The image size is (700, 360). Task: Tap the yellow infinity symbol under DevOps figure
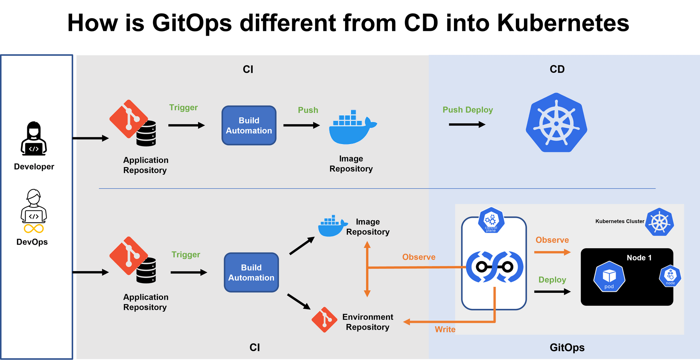tap(34, 229)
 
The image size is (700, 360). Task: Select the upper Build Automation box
tap(249, 125)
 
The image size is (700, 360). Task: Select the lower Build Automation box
tap(251, 272)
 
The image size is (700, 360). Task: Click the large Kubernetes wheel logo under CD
tap(556, 123)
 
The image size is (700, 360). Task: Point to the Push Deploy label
tap(468, 110)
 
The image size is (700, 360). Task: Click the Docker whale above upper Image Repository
tap(352, 127)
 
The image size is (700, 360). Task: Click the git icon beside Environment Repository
tap(324, 319)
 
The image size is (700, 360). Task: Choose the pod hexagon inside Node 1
tap(609, 277)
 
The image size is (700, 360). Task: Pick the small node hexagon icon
tap(670, 276)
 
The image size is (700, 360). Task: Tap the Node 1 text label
tap(639, 258)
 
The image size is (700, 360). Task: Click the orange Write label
tap(445, 329)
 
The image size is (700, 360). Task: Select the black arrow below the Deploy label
tap(552, 291)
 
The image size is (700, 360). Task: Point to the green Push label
tap(308, 110)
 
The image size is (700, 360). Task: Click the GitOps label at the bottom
tap(567, 347)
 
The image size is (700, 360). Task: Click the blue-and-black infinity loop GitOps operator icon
tap(494, 267)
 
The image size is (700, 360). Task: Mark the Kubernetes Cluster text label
tap(619, 221)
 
